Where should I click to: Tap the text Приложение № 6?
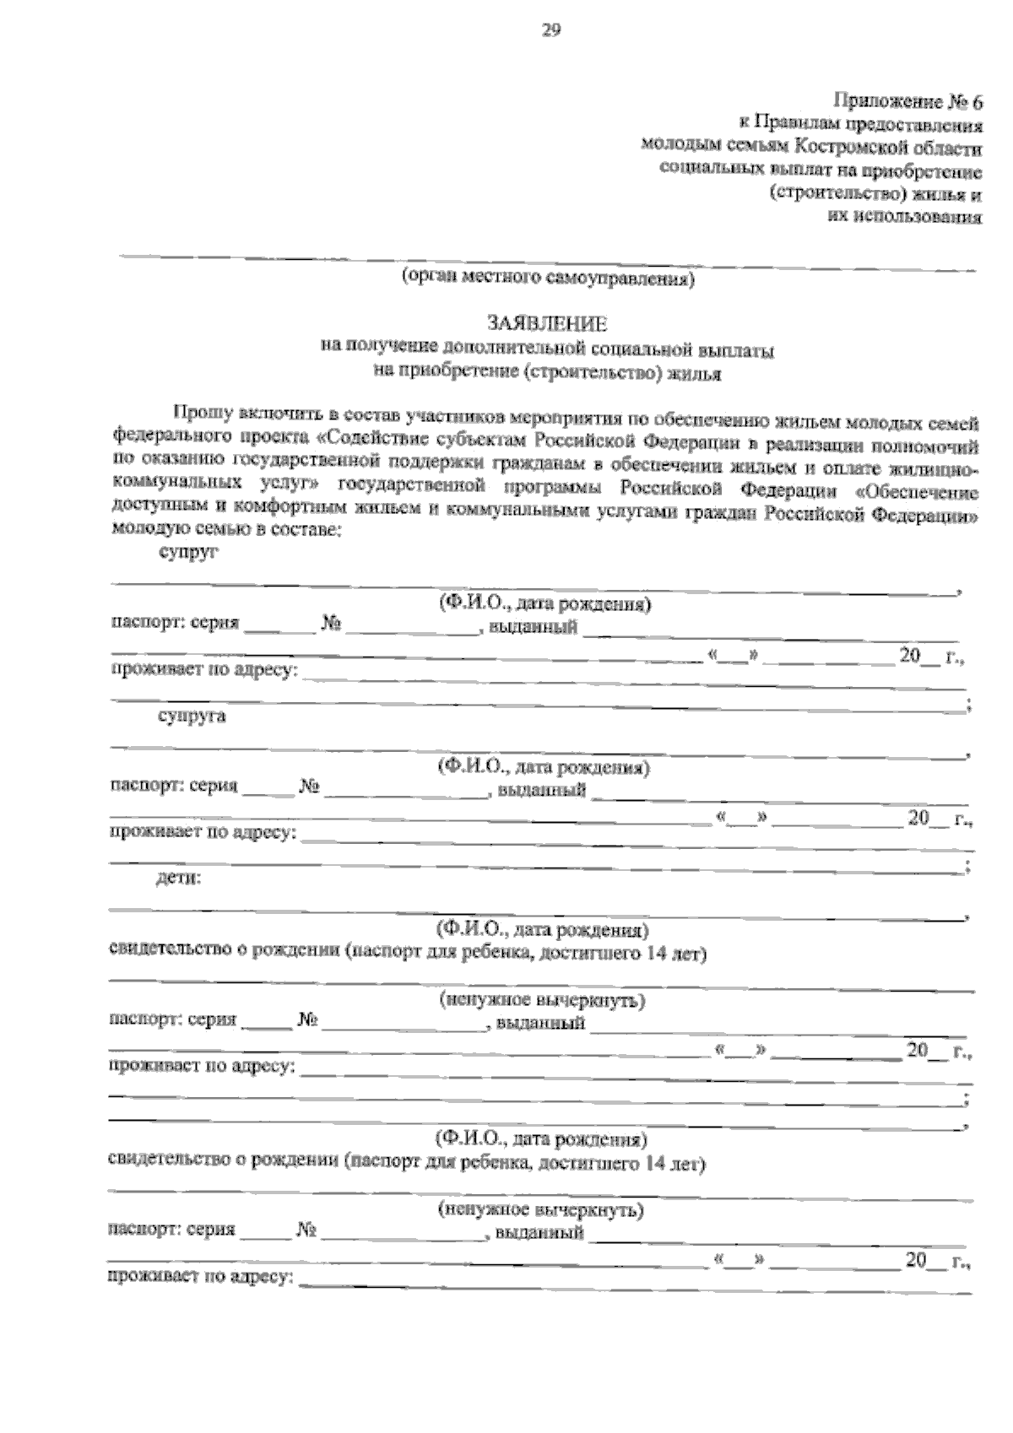point(909,103)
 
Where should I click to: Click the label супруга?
point(192,716)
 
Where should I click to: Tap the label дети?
point(179,879)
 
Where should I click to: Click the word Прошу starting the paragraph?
point(198,413)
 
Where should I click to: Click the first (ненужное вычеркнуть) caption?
point(542,1001)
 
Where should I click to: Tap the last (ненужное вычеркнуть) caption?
point(540,1209)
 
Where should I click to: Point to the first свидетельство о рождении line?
point(409,953)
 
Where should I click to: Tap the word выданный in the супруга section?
point(541,792)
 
